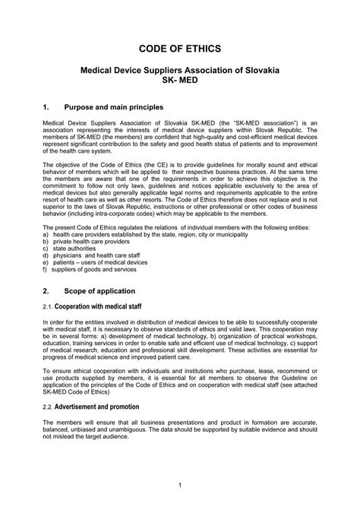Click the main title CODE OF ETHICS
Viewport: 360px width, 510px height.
tap(180, 48)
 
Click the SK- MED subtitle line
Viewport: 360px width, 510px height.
tap(180, 81)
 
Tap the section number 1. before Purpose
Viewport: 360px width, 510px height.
tap(46, 107)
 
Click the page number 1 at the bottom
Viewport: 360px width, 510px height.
tap(180, 484)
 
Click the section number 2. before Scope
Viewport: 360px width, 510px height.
tap(46, 290)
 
